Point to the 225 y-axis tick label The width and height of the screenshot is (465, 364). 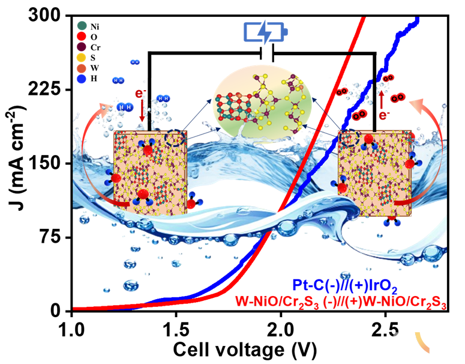[x=47, y=89]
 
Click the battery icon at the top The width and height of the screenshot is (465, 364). [x=265, y=32]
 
